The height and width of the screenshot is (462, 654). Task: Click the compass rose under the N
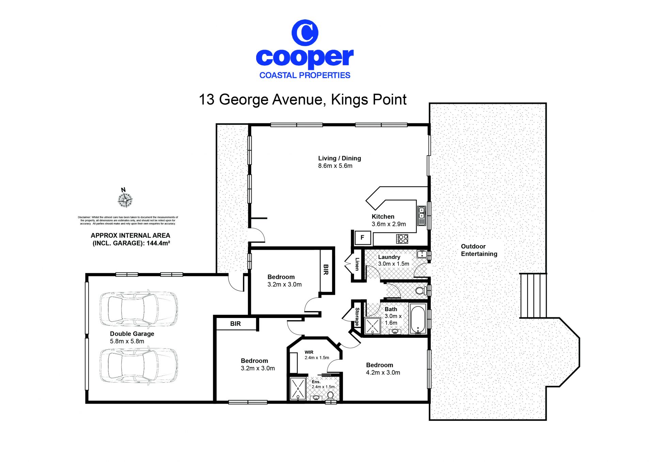(125, 200)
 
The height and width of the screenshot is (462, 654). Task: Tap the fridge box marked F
(362, 238)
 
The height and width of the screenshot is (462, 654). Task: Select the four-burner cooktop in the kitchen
(402, 239)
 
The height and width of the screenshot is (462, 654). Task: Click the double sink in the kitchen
(422, 216)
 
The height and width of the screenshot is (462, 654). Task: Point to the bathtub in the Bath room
(418, 319)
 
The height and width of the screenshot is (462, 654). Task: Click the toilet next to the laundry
(421, 291)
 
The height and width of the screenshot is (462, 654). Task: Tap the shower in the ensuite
(298, 388)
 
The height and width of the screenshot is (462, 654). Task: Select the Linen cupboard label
(357, 264)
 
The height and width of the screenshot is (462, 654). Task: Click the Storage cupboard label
(357, 317)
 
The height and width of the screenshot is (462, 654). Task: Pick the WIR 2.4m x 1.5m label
(317, 355)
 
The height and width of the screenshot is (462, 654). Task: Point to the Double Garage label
(132, 337)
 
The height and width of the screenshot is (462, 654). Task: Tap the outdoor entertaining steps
(533, 296)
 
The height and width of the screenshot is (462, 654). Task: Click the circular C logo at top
(305, 33)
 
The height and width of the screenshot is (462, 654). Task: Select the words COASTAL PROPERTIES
(305, 75)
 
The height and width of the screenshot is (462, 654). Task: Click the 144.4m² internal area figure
(158, 243)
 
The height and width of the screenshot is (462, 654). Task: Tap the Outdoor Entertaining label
(479, 250)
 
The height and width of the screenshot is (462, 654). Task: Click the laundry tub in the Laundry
(422, 254)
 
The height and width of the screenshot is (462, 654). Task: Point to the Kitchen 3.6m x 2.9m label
(389, 220)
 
